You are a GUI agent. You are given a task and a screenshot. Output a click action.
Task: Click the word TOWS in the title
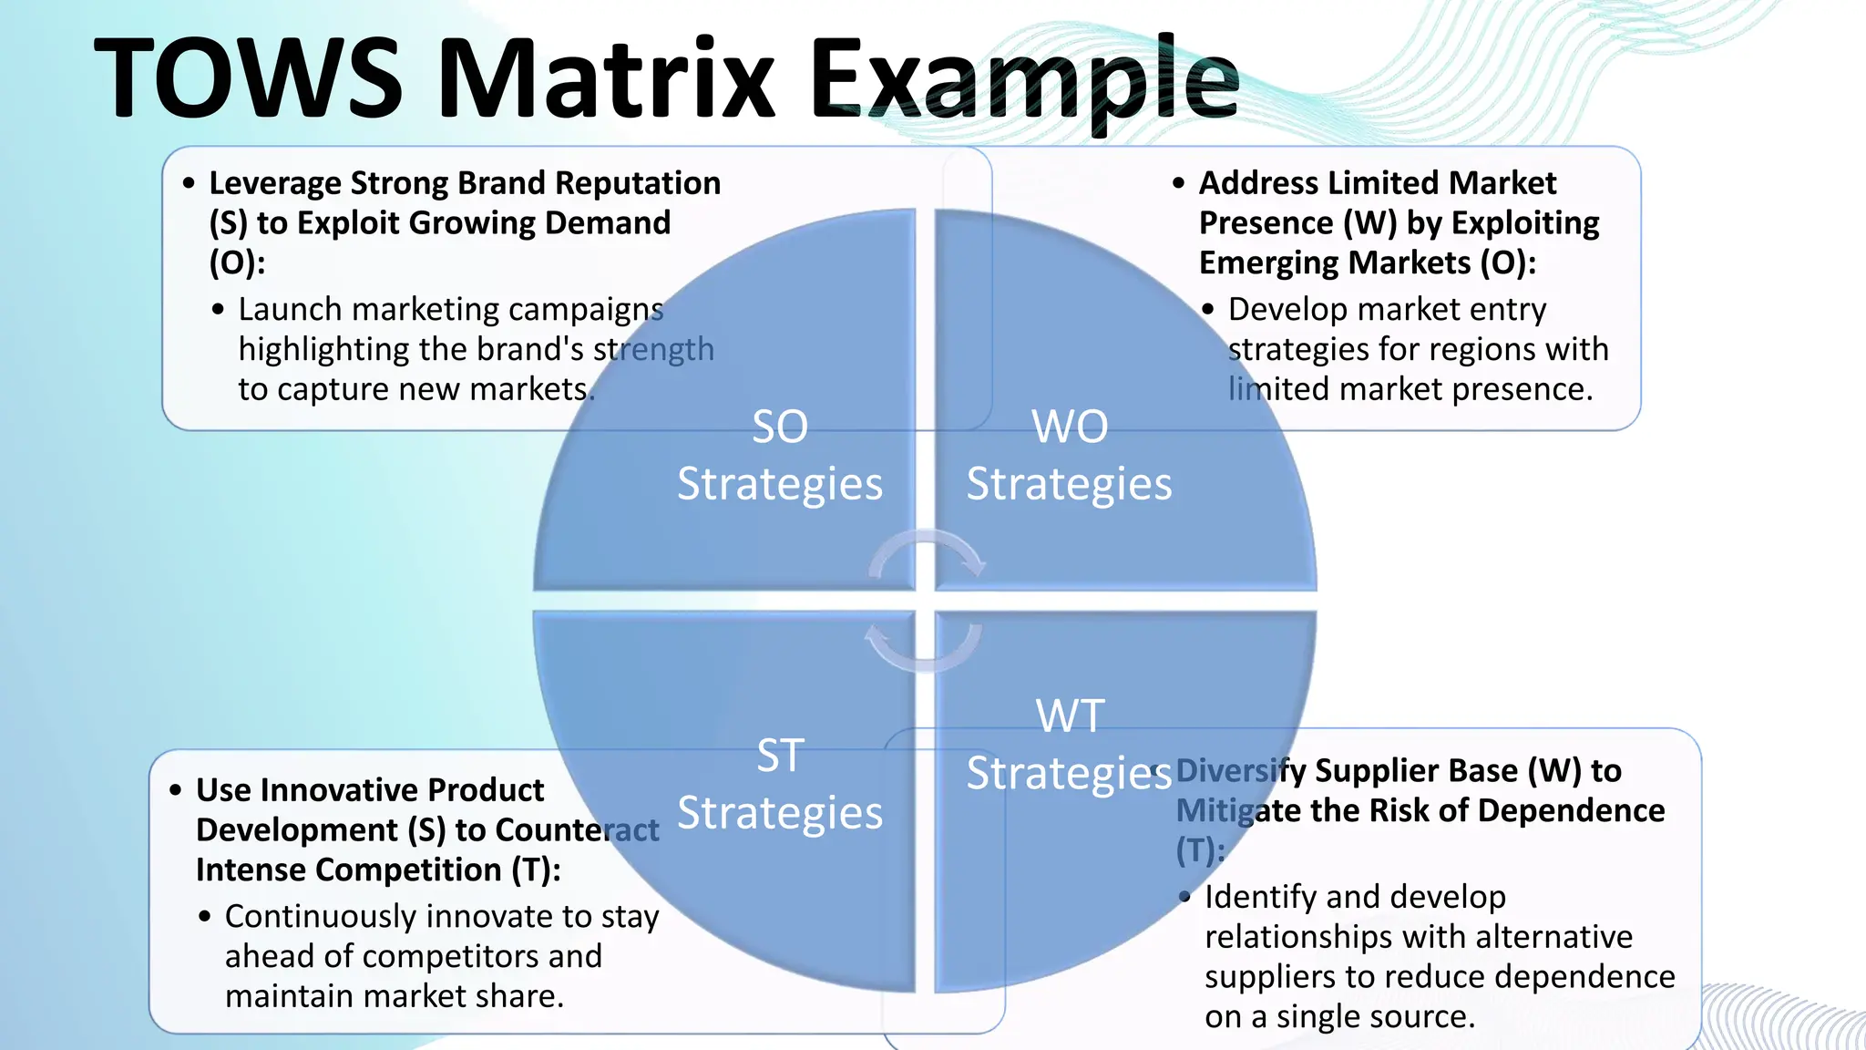(x=248, y=78)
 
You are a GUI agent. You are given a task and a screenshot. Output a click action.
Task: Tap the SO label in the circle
(x=780, y=427)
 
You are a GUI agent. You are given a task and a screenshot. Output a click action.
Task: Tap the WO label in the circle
(x=1070, y=427)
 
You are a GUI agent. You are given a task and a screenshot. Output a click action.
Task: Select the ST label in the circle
(x=780, y=756)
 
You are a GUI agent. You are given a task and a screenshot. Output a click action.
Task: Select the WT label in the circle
(x=1071, y=716)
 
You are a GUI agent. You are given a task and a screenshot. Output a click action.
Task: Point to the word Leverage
(x=275, y=184)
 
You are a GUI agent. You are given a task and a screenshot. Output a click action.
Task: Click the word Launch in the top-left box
(x=290, y=310)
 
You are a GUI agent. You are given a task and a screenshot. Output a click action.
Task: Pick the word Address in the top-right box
(x=1258, y=184)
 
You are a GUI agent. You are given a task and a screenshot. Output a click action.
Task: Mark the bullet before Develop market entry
(x=1208, y=310)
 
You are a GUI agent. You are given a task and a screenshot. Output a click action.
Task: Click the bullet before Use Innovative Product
(x=176, y=790)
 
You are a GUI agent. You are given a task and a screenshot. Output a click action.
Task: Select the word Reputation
(x=638, y=184)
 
